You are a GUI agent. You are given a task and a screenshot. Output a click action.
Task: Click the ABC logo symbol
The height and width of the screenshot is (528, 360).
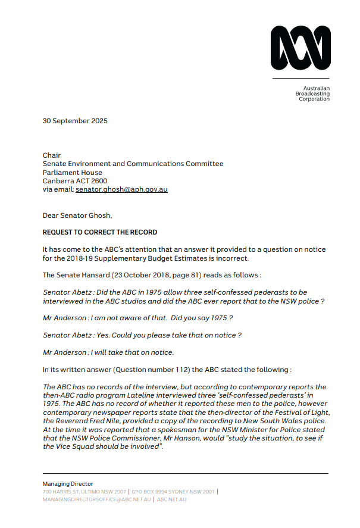[x=300, y=49]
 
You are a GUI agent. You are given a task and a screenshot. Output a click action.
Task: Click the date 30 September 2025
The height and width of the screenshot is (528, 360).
[x=75, y=121]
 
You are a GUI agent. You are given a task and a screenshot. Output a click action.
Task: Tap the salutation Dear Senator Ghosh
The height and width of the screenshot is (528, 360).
[x=77, y=215]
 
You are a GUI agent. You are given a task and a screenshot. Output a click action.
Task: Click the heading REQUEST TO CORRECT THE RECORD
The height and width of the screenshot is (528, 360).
[x=100, y=232]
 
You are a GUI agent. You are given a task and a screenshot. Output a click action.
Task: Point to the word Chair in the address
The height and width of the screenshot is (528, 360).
[x=52, y=155]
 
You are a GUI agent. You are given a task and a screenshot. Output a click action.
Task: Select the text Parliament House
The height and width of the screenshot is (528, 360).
[x=72, y=173]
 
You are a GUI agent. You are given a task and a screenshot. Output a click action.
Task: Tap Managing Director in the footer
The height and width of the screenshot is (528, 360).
[x=68, y=484]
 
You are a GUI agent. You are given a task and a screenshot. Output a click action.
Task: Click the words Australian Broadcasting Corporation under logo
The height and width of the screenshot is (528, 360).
[x=313, y=93]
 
